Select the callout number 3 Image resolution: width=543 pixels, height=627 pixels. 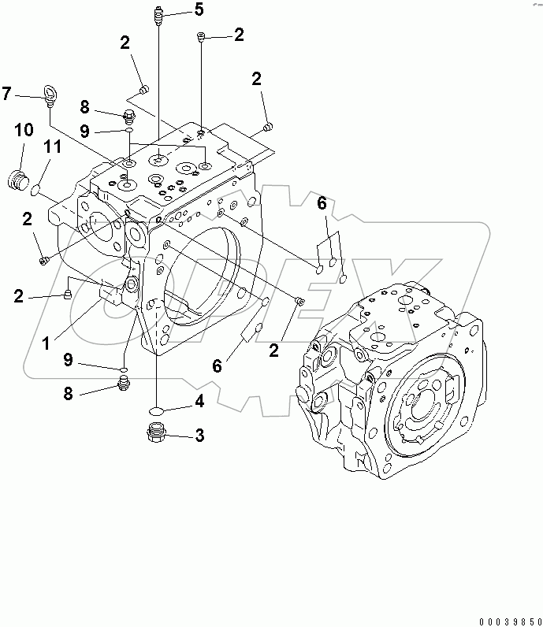pos(200,434)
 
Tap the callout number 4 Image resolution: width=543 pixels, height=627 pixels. pos(200,403)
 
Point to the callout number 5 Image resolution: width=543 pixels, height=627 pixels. pos(199,9)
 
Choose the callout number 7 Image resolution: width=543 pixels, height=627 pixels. pos(6,95)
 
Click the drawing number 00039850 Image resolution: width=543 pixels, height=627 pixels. pos(504,618)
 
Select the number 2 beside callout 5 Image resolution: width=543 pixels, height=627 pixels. pos(238,34)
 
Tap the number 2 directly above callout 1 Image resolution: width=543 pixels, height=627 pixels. pos(17,295)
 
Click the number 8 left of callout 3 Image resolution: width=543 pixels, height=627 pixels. pos(69,394)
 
